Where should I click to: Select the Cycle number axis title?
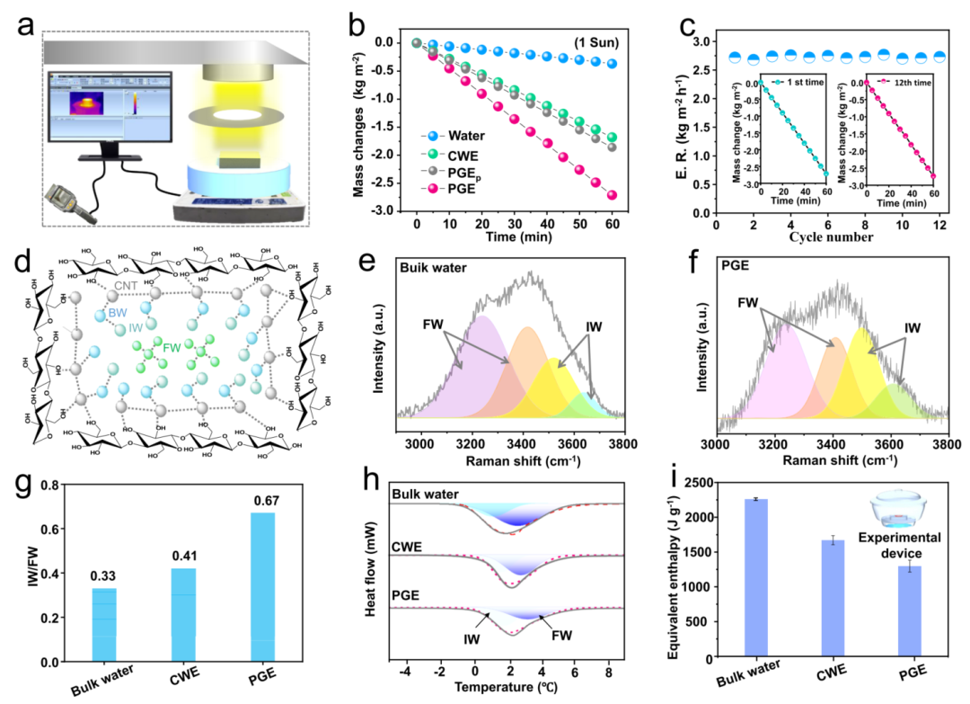pyautogui.click(x=831, y=237)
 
